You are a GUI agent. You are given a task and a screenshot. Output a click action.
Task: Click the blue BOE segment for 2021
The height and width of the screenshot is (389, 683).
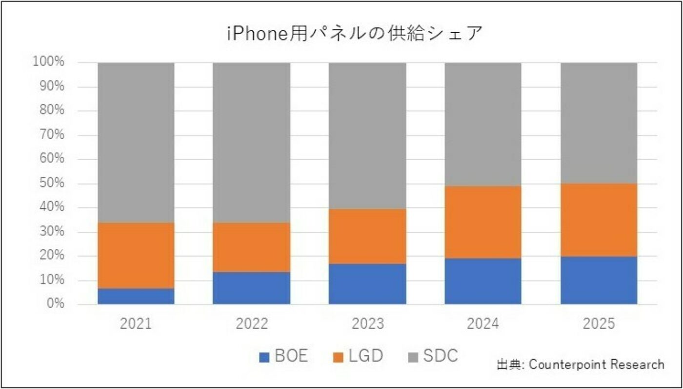[136, 296]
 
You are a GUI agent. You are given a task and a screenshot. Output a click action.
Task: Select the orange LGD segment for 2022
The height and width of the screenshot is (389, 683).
[251, 247]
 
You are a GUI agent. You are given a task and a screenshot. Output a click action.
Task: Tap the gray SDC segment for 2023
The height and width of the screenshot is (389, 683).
[367, 136]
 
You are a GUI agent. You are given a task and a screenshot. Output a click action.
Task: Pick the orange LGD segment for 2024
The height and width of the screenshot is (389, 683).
[482, 222]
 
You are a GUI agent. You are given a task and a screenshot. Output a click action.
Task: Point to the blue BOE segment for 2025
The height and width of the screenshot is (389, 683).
[599, 280]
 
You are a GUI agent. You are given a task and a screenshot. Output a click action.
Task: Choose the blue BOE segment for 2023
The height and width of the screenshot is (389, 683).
[367, 284]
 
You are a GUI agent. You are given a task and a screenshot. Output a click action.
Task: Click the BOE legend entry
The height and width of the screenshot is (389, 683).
[283, 356]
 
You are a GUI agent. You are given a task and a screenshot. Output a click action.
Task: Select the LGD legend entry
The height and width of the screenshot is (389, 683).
[358, 356]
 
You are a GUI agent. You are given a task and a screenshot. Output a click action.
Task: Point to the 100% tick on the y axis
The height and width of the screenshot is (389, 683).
[48, 62]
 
